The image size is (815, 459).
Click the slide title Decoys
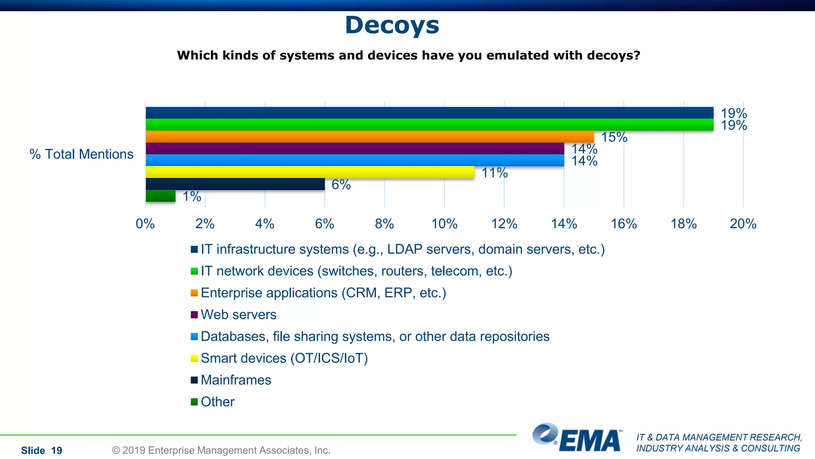[392, 25]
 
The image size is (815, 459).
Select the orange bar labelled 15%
[370, 137]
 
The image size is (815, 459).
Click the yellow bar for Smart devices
[310, 172]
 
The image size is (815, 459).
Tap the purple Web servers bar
[355, 149]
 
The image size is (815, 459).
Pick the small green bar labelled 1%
[160, 196]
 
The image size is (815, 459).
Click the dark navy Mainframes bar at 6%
[235, 184]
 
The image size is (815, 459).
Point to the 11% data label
[495, 173]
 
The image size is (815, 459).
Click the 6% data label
[341, 185]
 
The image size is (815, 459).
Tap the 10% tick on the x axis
[445, 224]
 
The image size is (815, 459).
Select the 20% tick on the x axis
[743, 224]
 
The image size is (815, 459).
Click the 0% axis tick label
[145, 224]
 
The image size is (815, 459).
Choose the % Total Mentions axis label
[82, 154]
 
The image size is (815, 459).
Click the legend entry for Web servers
[238, 315]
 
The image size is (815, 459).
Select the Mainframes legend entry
[236, 380]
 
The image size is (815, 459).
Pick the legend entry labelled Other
[217, 402]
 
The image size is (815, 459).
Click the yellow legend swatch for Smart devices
[194, 358]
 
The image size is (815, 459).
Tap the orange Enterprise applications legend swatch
[194, 293]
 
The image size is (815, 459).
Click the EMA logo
[577, 438]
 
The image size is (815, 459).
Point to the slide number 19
[57, 451]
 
